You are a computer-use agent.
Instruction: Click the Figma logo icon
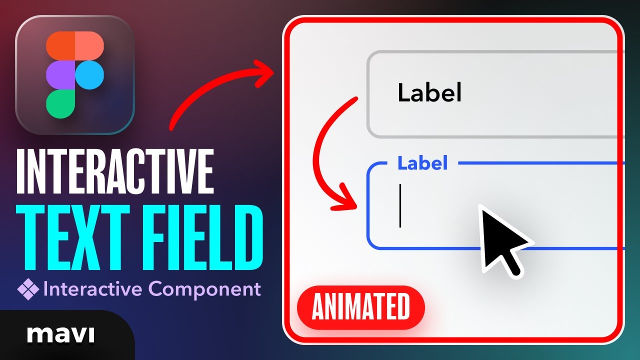[x=75, y=75]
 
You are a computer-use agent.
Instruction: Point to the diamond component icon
[x=28, y=289]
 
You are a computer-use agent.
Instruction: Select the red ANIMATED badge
[x=360, y=307]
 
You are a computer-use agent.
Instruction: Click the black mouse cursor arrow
[x=500, y=237]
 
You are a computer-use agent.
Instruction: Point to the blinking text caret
[x=400, y=205]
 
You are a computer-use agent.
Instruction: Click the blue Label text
[x=422, y=163]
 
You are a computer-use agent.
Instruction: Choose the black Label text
[x=429, y=93]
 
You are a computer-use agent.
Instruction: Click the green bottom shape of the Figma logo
[x=60, y=103]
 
